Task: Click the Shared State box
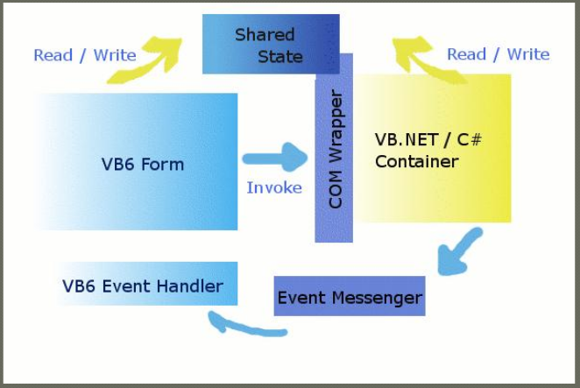(268, 46)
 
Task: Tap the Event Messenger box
(350, 298)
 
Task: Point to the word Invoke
(273, 187)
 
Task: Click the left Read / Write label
(85, 55)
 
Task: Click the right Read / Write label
(498, 54)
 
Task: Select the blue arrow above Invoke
(275, 159)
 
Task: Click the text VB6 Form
(143, 164)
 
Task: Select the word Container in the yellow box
(416, 162)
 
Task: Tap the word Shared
(264, 35)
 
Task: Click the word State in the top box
(280, 57)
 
